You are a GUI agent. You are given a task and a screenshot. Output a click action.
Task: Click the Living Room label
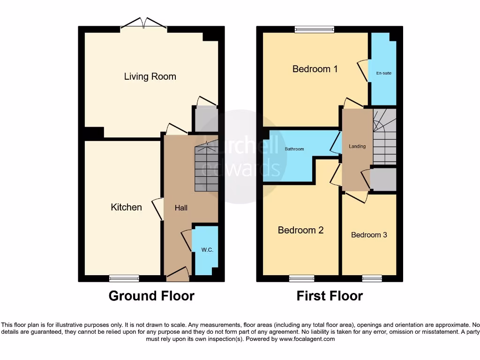tap(150, 76)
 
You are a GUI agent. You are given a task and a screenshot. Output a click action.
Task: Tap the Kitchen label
tap(126, 207)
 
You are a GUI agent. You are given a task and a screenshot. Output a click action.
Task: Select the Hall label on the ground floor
tap(181, 207)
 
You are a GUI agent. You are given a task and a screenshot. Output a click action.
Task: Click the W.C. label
tap(207, 250)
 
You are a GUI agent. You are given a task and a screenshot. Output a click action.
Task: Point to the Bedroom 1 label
tap(315, 69)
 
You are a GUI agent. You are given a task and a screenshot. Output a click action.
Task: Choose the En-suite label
tap(384, 73)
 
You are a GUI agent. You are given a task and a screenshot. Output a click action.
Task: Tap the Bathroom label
tap(294, 149)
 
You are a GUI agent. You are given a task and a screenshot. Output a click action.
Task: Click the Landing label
tap(357, 146)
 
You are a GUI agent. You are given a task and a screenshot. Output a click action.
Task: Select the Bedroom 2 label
tap(300, 230)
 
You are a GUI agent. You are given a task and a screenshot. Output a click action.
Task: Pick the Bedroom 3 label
tap(369, 235)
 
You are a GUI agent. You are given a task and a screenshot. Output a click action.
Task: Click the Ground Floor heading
tap(151, 296)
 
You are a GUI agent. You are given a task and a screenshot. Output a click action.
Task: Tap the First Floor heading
tap(330, 296)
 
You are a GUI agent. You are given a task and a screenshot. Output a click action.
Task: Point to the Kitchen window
tap(124, 278)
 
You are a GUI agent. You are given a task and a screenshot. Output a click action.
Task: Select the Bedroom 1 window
tap(315, 29)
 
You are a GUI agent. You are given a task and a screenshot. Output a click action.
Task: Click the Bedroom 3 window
tap(372, 278)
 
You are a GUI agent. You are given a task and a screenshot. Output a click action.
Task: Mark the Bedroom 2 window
tap(301, 278)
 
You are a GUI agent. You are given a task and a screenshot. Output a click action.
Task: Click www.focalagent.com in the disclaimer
tap(307, 339)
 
